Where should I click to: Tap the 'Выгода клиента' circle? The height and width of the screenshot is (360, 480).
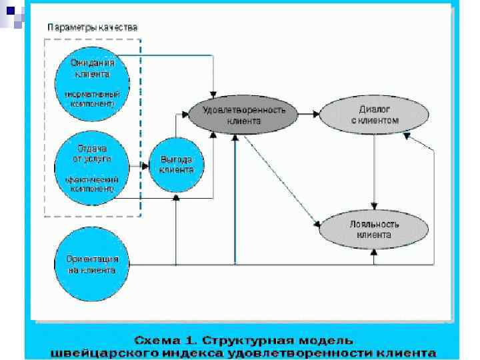tap(176, 164)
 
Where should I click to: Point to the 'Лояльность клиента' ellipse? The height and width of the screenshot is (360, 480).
tap(374, 230)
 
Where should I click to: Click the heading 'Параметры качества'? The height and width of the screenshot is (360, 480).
tap(93, 27)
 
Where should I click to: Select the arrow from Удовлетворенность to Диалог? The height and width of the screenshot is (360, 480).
tap(309, 115)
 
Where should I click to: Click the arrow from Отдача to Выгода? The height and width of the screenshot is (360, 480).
tap(141, 165)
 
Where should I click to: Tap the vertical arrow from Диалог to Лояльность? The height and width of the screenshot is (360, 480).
tap(375, 170)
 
